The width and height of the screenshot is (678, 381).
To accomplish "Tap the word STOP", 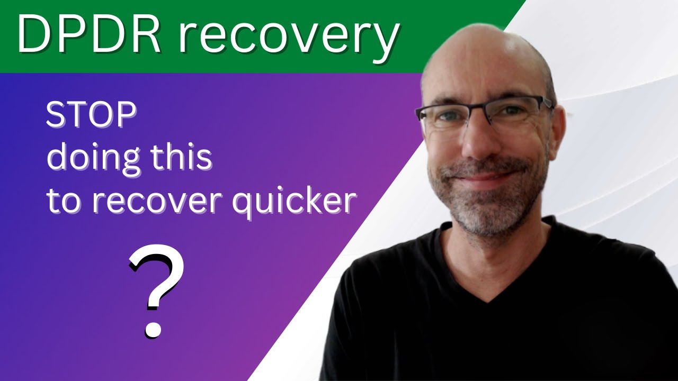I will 91,116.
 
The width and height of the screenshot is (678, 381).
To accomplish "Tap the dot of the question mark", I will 153,329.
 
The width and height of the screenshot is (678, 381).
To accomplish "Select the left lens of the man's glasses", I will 445,120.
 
